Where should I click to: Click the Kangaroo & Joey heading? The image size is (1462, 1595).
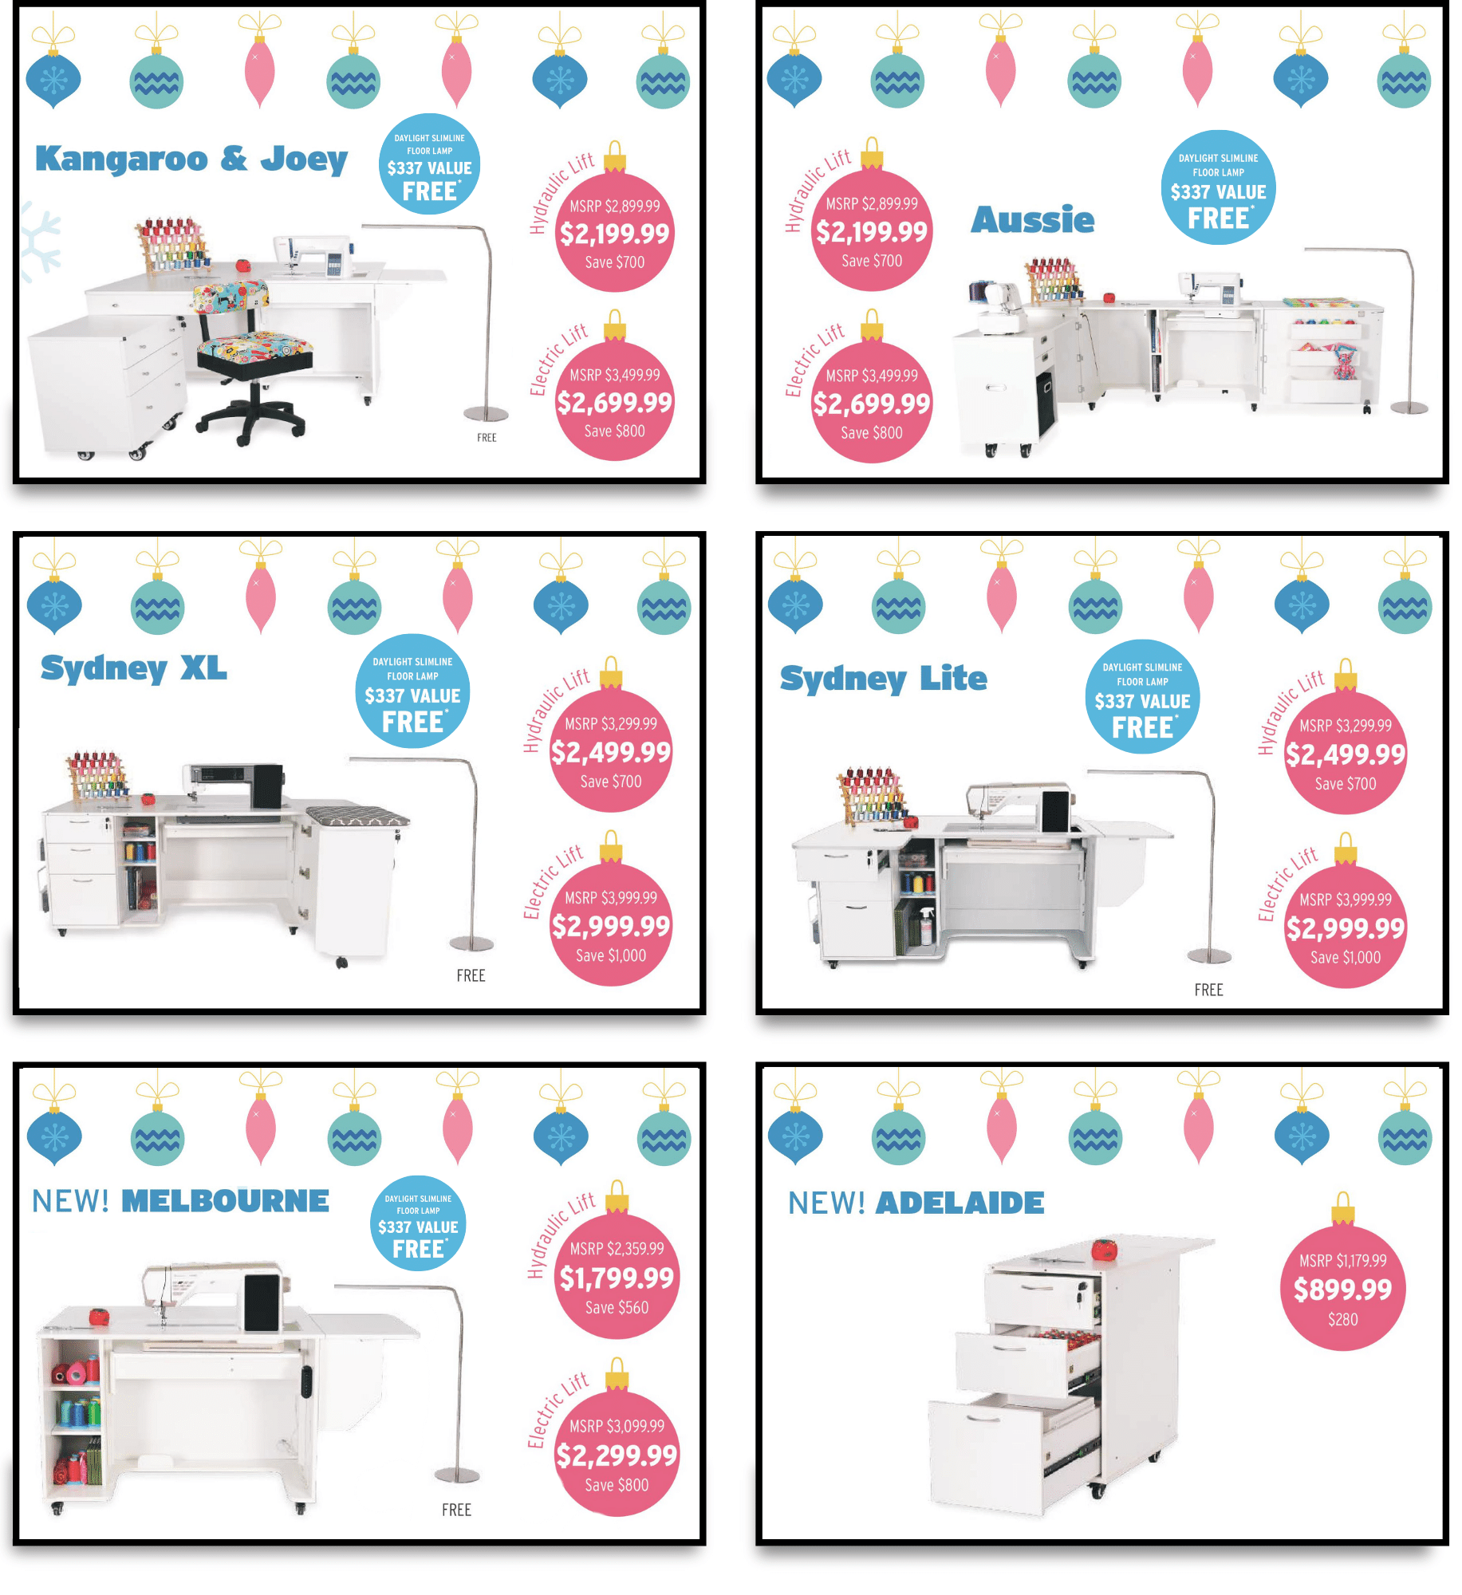(x=191, y=159)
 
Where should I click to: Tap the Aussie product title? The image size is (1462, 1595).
(x=1033, y=220)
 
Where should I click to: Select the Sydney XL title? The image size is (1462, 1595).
(x=134, y=668)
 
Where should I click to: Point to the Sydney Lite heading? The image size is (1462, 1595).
(x=884, y=679)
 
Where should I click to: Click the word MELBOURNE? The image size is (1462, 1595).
(x=225, y=1201)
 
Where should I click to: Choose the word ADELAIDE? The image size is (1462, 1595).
(x=960, y=1203)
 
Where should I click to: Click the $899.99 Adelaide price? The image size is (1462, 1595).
(x=1343, y=1290)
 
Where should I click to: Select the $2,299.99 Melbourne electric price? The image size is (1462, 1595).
(x=617, y=1456)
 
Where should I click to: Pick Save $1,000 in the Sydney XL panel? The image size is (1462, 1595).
(x=611, y=955)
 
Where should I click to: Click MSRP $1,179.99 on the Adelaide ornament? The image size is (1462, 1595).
(x=1343, y=1261)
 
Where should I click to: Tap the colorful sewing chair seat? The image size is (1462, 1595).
(x=254, y=348)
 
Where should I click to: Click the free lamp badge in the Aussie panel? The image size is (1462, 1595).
(x=1218, y=187)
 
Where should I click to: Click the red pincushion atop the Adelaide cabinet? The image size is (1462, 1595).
(x=1104, y=1249)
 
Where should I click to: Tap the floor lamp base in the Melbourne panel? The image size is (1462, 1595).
(x=457, y=1475)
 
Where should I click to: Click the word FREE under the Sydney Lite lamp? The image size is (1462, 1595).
(x=1208, y=990)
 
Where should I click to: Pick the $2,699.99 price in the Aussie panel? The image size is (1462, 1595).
(x=872, y=404)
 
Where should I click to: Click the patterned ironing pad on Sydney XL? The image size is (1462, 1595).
(x=358, y=816)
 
